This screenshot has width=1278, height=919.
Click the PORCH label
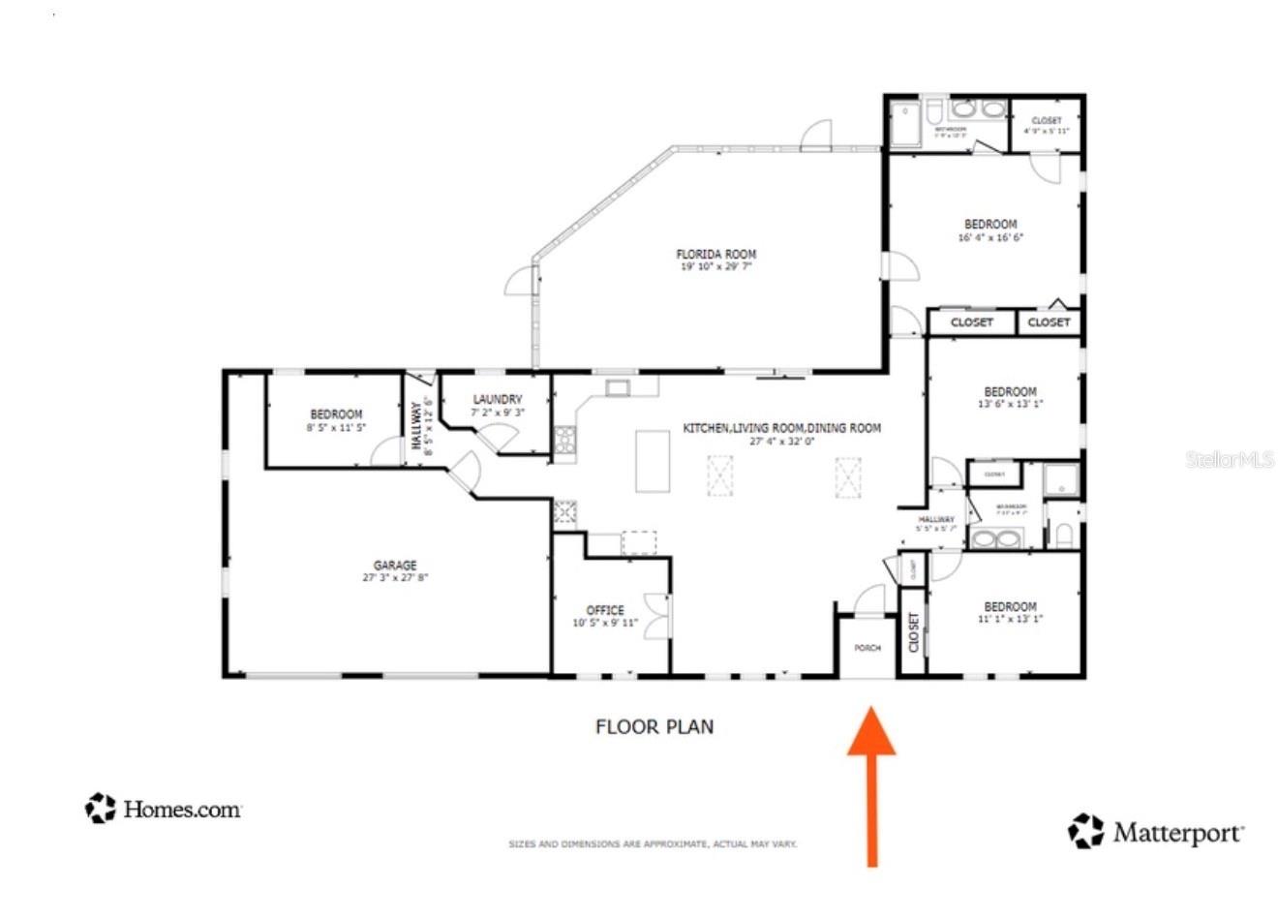pyautogui.click(x=867, y=648)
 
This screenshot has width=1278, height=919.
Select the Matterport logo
pyautogui.click(x=1156, y=832)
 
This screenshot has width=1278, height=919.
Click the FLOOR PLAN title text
pyautogui.click(x=654, y=726)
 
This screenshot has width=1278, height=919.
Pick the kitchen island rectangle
pyautogui.click(x=653, y=462)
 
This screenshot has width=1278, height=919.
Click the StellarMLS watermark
pyautogui.click(x=1230, y=460)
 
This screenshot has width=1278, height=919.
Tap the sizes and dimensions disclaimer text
pyautogui.click(x=653, y=844)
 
